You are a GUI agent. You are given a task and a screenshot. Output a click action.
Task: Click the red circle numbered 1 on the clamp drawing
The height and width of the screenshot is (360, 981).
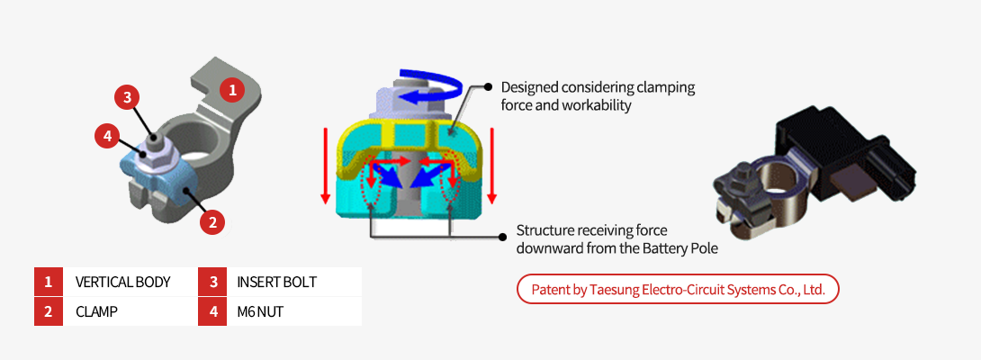(x=232, y=89)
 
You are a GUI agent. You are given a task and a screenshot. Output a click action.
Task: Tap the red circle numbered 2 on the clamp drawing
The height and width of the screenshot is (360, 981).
(x=211, y=221)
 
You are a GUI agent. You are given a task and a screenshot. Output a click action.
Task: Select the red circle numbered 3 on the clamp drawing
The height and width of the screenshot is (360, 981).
(x=128, y=96)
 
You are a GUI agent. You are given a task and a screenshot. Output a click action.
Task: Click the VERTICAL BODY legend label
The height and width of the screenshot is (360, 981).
(x=122, y=282)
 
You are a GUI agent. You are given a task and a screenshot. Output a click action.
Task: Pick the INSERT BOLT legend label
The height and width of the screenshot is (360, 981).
(x=276, y=282)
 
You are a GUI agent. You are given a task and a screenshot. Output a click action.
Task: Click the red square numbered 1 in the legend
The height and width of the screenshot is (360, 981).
(x=48, y=282)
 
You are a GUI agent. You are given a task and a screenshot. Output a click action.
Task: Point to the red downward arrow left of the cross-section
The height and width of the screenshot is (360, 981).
(x=326, y=166)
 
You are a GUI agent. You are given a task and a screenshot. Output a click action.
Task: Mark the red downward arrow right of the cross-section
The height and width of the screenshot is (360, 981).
(x=492, y=166)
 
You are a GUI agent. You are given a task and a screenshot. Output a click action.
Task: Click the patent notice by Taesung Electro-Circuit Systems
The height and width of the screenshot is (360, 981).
(x=678, y=290)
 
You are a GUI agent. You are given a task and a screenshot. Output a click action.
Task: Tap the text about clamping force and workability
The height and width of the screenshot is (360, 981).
(x=598, y=96)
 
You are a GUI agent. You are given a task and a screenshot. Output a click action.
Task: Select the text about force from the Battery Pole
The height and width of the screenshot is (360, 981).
(x=617, y=238)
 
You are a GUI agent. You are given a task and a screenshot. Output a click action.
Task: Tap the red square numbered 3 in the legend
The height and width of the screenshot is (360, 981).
(x=213, y=282)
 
